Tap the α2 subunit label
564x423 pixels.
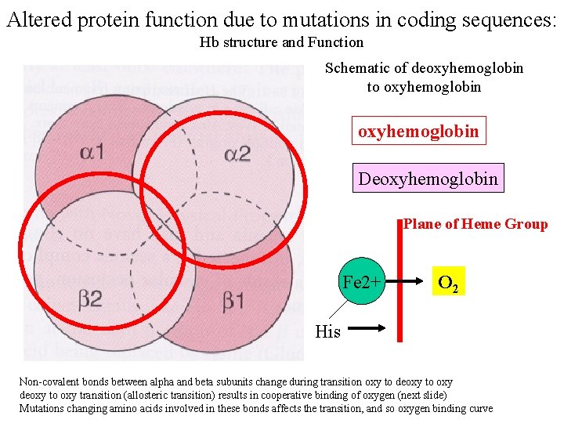237,154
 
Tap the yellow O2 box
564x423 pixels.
449,282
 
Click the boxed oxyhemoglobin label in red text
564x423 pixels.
418,131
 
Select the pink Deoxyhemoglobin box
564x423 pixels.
428,179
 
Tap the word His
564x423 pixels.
327,331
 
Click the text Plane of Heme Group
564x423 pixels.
475,224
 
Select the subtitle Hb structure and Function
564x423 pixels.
281,42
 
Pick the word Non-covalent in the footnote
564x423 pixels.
42,381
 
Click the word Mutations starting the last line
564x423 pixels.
41,408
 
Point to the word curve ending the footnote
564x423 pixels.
479,408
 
